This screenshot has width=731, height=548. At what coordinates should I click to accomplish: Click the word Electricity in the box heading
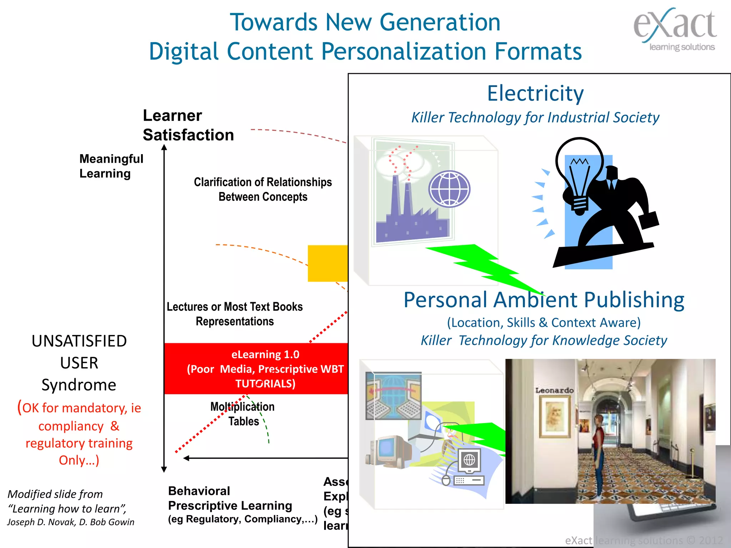click(x=535, y=93)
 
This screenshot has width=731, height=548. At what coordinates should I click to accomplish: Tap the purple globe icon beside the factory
click(x=449, y=189)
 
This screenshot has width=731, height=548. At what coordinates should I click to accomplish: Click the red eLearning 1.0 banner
click(x=256, y=369)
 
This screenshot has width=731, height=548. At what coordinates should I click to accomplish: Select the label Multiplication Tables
click(x=243, y=414)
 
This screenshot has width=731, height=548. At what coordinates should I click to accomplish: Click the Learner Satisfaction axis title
click(x=188, y=125)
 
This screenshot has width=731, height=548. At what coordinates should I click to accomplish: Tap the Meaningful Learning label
click(x=111, y=166)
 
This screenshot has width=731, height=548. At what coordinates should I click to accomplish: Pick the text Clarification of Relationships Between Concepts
click(x=263, y=189)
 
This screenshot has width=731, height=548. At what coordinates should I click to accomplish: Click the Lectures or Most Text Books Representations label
click(x=235, y=314)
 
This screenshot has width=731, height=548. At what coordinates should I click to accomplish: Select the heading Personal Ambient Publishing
click(x=544, y=300)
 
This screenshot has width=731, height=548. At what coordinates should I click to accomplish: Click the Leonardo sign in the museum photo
click(x=554, y=390)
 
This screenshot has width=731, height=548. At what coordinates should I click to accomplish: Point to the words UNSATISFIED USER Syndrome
click(x=79, y=363)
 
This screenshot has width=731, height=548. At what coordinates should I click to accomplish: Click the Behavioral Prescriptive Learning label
click(x=230, y=498)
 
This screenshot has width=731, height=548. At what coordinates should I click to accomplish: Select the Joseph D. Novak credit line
click(x=71, y=522)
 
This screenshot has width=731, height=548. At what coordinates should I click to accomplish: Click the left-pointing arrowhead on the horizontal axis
click(x=186, y=458)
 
